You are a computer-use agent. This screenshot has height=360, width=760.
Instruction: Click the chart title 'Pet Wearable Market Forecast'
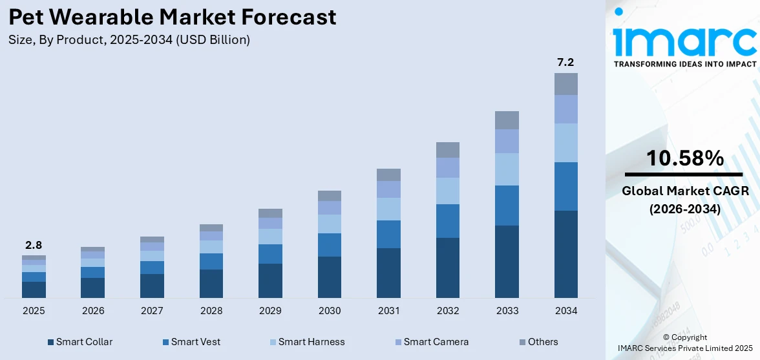173,17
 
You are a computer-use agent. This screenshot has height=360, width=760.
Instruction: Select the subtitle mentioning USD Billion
129,40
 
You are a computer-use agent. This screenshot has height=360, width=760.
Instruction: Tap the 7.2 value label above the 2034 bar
565,63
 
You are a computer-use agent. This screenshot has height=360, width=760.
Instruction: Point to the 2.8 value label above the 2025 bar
34,245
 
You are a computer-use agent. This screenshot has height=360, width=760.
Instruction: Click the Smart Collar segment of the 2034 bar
565,254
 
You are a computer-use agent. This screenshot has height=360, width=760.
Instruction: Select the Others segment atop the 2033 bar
507,120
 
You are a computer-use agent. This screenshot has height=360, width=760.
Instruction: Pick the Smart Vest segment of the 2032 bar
447,221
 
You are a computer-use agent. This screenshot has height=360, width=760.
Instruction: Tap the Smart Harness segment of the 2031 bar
388,209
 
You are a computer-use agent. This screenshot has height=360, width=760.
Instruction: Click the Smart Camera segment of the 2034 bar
565,109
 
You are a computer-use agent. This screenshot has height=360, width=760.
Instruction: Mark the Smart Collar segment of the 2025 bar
34,290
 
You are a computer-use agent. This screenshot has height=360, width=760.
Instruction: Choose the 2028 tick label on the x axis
211,311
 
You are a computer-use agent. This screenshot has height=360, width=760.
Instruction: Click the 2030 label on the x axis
330,311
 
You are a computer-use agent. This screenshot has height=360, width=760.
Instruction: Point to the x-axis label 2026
93,311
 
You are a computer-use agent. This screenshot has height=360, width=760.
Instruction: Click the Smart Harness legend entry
306,342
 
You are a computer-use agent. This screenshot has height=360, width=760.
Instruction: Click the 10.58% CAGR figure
684,158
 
